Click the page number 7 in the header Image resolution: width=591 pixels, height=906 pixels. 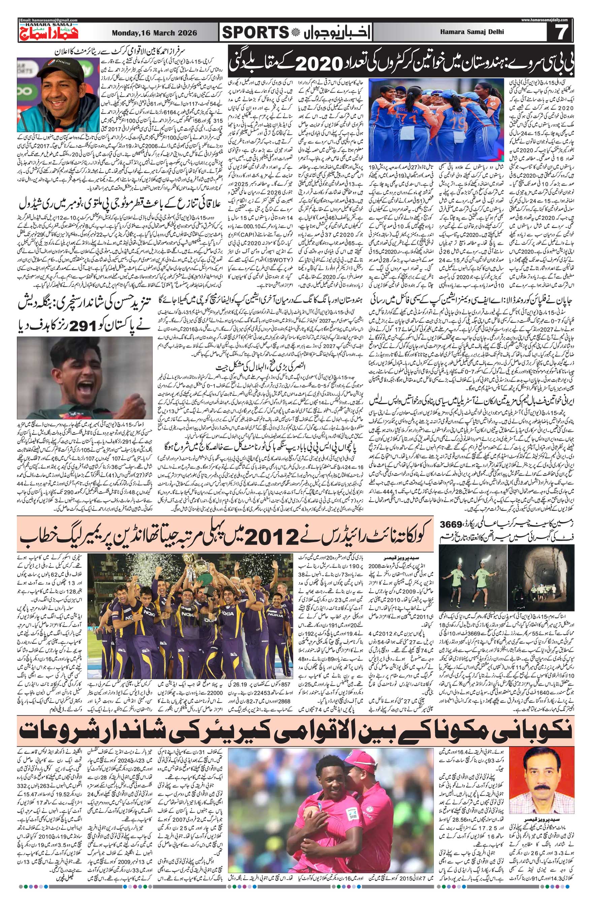pyautogui.click(x=560, y=33)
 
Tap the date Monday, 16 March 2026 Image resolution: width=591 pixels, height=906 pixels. pyautogui.click(x=154, y=33)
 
